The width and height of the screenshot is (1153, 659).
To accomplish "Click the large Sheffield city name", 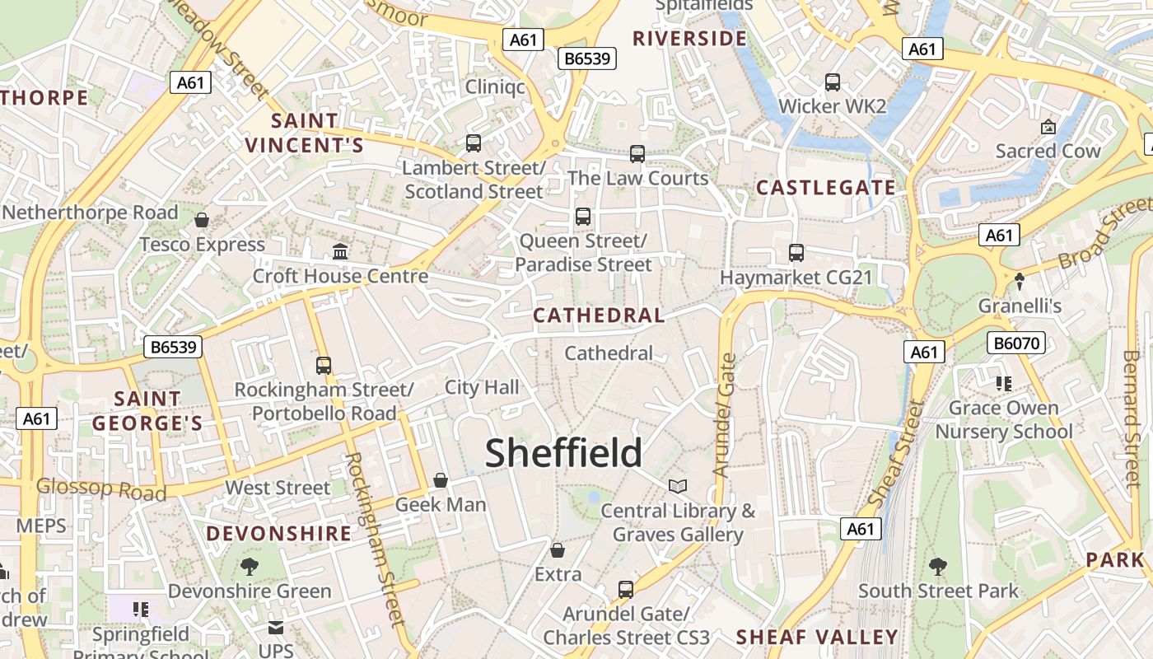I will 563,453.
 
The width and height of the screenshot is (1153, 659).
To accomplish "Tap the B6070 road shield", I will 1016,343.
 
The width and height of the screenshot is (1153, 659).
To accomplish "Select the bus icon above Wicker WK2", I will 833,82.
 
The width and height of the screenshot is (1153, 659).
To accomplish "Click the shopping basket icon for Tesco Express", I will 202,220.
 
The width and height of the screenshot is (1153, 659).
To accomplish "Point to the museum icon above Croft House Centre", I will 339,250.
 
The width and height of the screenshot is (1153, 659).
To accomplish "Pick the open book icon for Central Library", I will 677,487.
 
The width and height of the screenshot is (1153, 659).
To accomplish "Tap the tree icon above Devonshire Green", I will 250,567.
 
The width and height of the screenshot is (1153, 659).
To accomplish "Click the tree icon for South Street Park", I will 937,566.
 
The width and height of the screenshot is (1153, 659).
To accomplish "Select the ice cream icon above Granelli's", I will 1020,282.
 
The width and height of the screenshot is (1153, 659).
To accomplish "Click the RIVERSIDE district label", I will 689,38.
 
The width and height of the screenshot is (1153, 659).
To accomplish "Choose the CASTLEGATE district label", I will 825,188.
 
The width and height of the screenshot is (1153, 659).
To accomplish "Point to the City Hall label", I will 482,387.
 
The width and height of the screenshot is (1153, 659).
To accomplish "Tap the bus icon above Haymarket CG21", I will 796,253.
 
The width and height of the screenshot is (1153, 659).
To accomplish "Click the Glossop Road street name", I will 101,489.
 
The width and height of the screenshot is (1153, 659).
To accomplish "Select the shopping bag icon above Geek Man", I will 441,480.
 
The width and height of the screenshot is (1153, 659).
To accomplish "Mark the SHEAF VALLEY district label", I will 816,637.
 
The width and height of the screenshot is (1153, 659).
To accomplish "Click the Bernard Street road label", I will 1132,407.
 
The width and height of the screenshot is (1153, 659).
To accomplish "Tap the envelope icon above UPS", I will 276,628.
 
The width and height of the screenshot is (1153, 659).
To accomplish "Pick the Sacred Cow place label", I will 1048,151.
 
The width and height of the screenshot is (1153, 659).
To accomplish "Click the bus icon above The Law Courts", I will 637,154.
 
